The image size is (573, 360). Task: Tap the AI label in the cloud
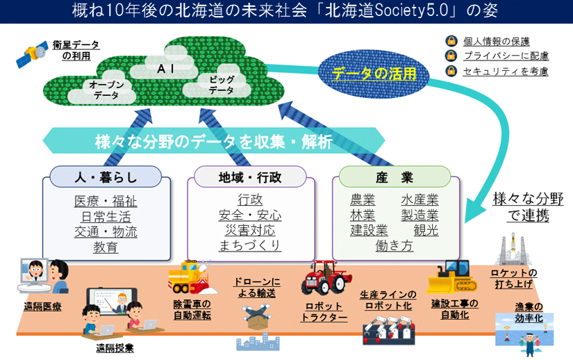point(162,69)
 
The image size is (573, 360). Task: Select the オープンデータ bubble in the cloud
point(106,90)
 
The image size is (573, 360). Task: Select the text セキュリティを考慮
point(506,71)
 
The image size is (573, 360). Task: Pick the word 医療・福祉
point(106,201)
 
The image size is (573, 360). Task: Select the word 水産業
point(420,200)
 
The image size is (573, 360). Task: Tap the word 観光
point(426,230)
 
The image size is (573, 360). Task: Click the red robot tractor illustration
point(323,277)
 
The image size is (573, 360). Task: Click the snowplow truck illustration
point(190,277)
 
